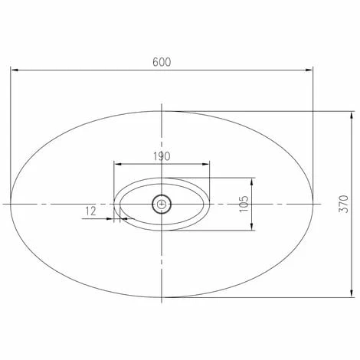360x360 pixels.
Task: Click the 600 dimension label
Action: (162, 62)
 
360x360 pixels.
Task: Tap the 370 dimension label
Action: (344, 204)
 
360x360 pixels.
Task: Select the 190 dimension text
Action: (162, 156)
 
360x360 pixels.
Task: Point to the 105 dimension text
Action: (244, 204)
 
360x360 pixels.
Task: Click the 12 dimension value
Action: (90, 211)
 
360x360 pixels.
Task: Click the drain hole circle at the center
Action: (162, 204)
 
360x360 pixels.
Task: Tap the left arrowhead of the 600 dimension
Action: (15, 70)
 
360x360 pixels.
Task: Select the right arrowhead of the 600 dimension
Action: (309, 70)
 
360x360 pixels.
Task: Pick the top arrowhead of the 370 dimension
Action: (352, 116)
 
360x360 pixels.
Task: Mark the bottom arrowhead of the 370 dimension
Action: (352, 293)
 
